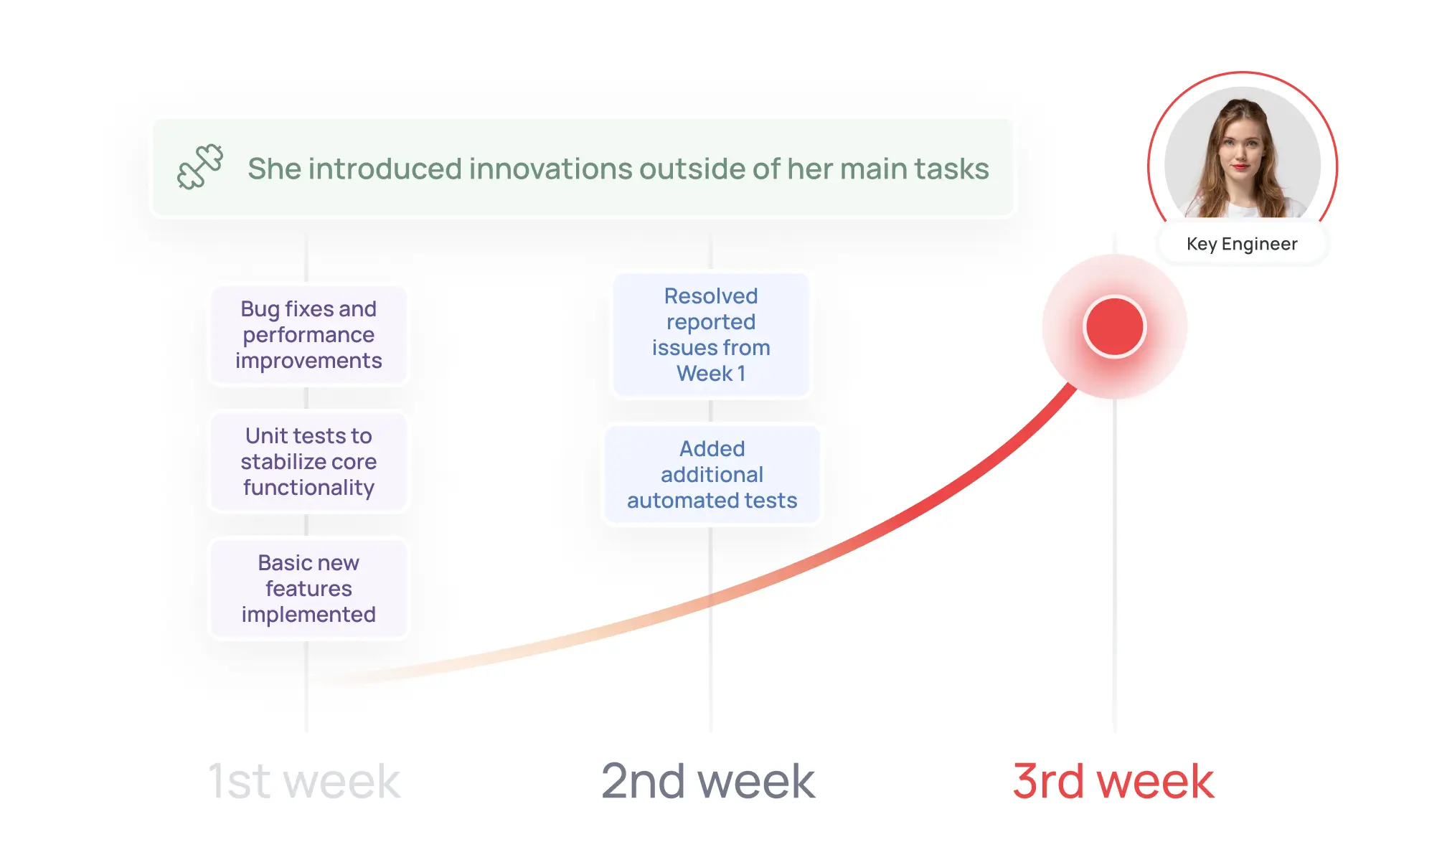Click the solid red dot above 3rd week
point(1114,326)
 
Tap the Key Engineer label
point(1242,244)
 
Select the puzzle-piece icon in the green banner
point(200,167)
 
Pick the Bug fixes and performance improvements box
point(308,335)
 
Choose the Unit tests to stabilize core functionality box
point(308,461)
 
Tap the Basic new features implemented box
point(308,588)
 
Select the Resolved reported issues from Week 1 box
point(711,334)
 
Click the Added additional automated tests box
point(712,474)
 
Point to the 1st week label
point(304,781)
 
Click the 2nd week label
point(708,781)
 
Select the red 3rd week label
point(1113,781)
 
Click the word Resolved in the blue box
point(711,296)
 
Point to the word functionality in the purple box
point(308,488)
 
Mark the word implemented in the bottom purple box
point(308,615)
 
